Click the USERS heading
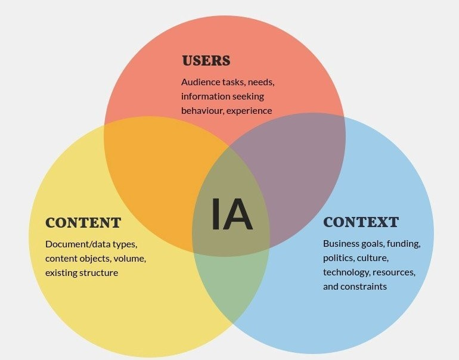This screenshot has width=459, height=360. point(206,61)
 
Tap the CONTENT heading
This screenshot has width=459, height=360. point(83,223)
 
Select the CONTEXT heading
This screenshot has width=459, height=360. point(361,222)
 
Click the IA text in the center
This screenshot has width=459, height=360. point(231,215)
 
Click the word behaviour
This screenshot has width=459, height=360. point(203,110)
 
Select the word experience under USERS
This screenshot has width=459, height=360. point(250,110)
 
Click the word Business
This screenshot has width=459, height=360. point(342,243)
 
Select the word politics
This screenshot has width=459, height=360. point(339,257)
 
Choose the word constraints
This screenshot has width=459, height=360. point(364,286)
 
